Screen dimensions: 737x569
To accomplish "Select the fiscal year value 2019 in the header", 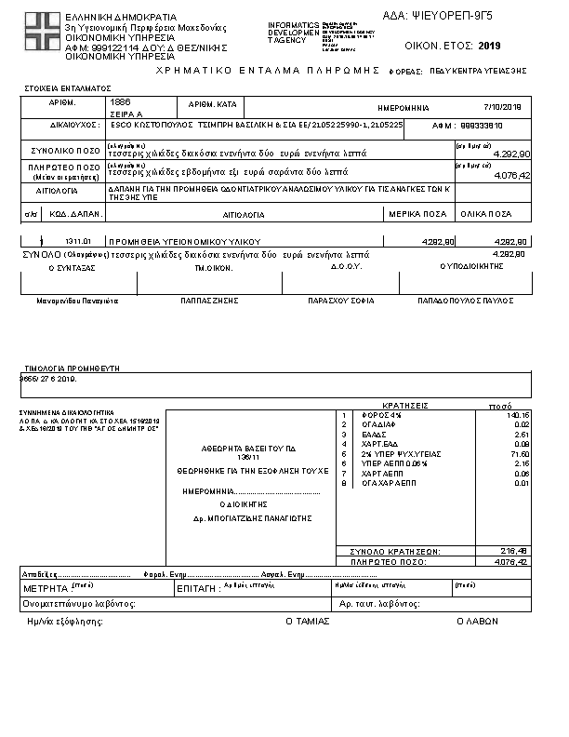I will (x=489, y=45).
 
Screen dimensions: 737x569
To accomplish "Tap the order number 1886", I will (x=121, y=100).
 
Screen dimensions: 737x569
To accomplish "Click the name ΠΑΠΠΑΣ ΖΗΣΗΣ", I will (x=212, y=301).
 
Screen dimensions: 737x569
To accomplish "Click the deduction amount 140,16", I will (x=519, y=415).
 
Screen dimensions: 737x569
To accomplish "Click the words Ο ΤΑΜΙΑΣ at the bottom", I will (x=307, y=620).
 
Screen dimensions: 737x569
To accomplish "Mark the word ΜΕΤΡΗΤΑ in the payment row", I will (x=45, y=589).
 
